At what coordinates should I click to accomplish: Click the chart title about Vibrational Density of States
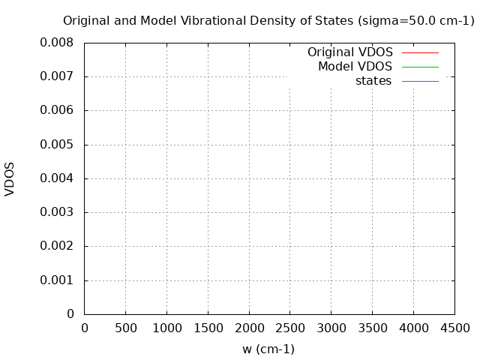[x=268, y=21]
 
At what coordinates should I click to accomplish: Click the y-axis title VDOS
[x=10, y=178]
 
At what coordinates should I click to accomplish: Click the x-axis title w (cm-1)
[x=268, y=349]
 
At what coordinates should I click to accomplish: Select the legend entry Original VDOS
[x=349, y=52]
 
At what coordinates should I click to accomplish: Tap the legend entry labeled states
[x=373, y=81]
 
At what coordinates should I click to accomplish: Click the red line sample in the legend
[x=420, y=52]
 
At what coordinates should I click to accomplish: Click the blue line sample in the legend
[x=420, y=81]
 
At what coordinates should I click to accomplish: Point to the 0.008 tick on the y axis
[x=57, y=43]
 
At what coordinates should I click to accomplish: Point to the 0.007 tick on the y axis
[x=57, y=76]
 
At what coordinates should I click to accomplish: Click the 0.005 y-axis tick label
[x=57, y=145]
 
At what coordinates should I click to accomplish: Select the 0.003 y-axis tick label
[x=57, y=212]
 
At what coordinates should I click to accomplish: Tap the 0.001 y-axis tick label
[x=57, y=280]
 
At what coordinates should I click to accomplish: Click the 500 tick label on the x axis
[x=125, y=328]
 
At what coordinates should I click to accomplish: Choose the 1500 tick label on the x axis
[x=208, y=328]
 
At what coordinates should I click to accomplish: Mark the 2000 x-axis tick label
[x=249, y=328]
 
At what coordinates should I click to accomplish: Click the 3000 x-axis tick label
[x=331, y=328]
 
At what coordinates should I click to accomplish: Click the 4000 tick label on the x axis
[x=413, y=328]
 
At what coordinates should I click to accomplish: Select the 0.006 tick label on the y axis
[x=57, y=110]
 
